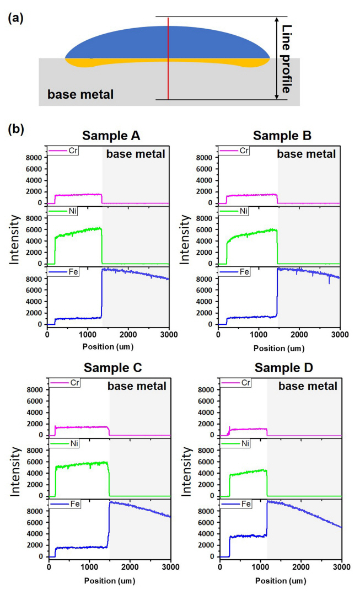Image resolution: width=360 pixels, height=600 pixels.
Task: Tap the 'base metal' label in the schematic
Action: tap(80, 94)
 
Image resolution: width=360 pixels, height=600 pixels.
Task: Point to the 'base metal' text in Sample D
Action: tap(307, 387)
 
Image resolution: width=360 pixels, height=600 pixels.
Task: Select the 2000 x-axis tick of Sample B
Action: tap(299, 335)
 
